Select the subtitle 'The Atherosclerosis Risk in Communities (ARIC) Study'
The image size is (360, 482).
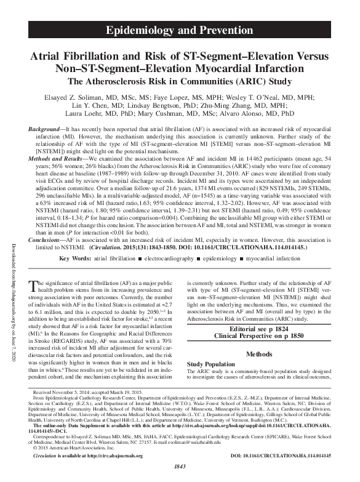(x=180, y=81)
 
